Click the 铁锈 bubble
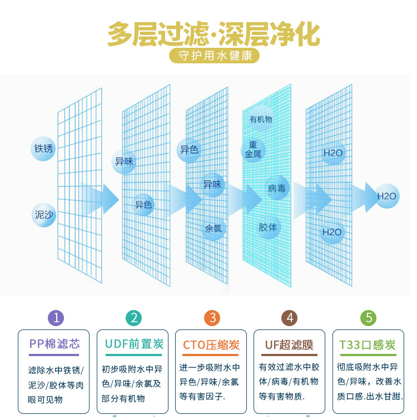[x=43, y=148]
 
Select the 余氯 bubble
[x=214, y=228]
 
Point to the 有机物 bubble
[x=261, y=119]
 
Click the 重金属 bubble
[x=253, y=150]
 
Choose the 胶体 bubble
[x=268, y=227]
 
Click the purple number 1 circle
[x=55, y=318]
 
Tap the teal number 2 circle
[x=133, y=318]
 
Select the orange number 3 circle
[x=212, y=318]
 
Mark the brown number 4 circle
[x=290, y=318]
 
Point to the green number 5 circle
[x=368, y=318]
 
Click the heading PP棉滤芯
[x=54, y=344]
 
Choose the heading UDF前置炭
[x=133, y=344]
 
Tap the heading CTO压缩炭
[x=211, y=344]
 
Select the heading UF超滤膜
[x=289, y=344]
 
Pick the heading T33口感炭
[x=368, y=344]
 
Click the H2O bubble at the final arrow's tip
[x=387, y=196]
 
